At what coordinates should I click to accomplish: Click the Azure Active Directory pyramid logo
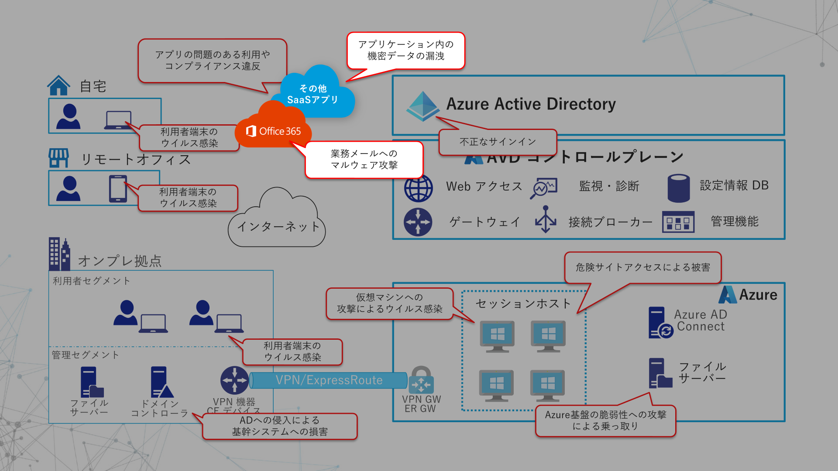point(422,106)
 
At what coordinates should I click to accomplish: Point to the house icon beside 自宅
point(58,85)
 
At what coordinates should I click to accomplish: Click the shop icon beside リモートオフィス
point(58,158)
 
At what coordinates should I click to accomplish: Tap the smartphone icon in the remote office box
point(118,188)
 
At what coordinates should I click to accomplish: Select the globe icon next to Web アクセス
point(418,188)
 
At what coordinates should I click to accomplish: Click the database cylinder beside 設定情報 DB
point(678,188)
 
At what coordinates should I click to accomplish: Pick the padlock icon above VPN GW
point(421,379)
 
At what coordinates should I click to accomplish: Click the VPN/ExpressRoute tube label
point(329,380)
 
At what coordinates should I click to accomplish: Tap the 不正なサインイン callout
point(498,142)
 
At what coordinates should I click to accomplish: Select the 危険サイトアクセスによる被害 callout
point(642,267)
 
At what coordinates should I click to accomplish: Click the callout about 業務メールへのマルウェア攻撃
point(364,160)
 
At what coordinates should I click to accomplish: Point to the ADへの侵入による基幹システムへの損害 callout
point(279,426)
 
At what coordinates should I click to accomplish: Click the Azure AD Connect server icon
point(659,323)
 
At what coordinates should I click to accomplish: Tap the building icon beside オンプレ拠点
point(59,254)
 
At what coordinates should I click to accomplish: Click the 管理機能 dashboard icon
point(678,222)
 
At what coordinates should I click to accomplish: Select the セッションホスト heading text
point(523,304)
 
